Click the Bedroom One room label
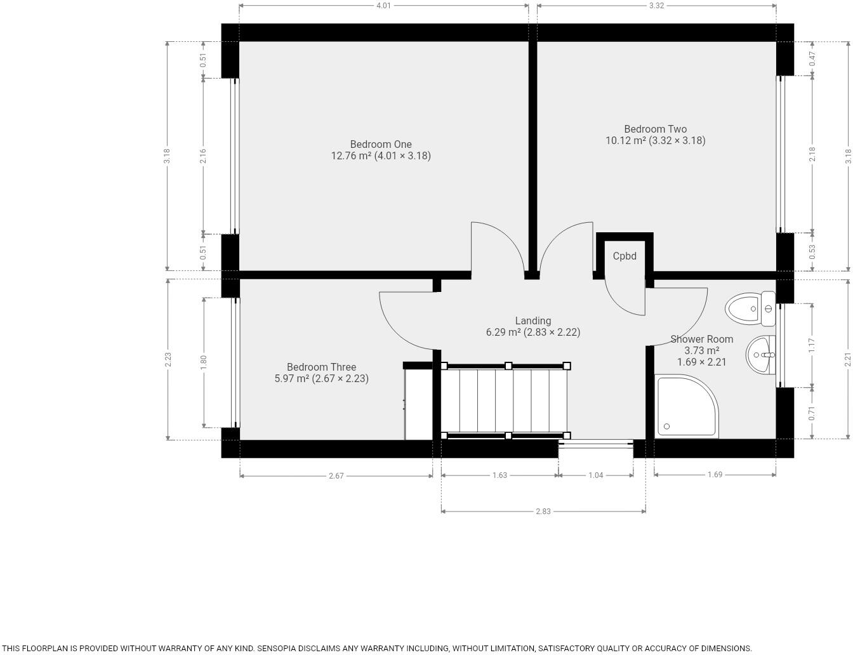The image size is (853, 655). tap(381, 145)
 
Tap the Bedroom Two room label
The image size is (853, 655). tap(655, 129)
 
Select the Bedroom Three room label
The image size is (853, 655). tap(321, 367)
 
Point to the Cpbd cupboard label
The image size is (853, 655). tap(625, 256)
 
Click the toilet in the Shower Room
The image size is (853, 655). tap(749, 309)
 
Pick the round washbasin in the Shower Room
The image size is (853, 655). tap(760, 355)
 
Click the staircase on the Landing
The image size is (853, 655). tap(505, 401)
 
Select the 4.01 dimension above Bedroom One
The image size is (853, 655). tap(383, 6)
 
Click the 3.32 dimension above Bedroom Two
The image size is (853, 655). tap(656, 6)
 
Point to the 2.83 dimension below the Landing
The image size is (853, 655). tap(543, 511)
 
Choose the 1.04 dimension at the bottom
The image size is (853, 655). tap(595, 475)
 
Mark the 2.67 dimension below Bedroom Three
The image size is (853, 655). tap(336, 476)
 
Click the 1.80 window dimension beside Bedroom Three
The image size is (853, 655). tap(204, 362)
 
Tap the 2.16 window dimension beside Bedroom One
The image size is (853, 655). tap(203, 156)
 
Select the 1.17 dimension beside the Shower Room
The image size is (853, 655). tap(812, 345)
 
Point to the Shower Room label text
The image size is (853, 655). tap(701, 340)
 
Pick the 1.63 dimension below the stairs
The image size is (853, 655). tap(499, 475)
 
